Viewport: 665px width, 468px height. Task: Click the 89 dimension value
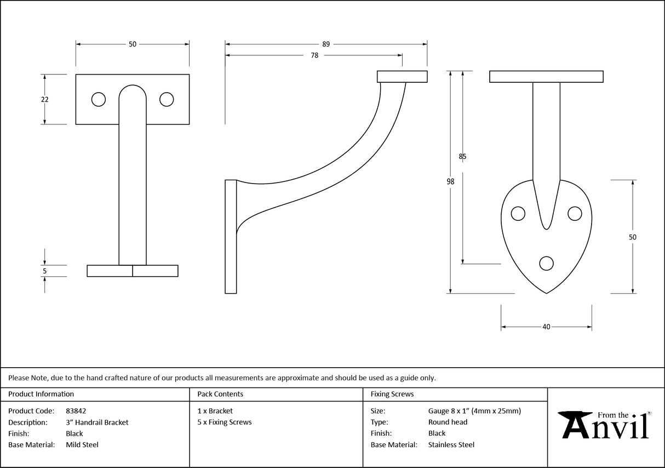326,44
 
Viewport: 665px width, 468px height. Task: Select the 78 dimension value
314,55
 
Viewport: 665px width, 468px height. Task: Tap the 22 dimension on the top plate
45,99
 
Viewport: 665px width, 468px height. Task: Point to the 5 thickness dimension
45,271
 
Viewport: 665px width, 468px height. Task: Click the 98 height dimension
450,182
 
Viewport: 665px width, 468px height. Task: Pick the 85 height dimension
463,157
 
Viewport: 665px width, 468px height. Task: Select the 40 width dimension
546,327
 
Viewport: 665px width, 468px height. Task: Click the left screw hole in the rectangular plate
99,99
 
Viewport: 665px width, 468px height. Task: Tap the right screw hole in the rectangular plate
167,99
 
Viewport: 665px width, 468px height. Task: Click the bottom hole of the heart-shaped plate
546,264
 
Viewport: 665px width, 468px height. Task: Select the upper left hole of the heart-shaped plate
518,213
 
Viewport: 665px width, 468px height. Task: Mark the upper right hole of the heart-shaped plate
574,213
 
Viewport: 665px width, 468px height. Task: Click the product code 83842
76,410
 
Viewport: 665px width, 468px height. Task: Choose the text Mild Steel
82,445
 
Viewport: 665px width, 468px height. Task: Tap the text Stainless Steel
451,445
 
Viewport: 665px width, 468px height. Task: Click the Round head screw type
448,422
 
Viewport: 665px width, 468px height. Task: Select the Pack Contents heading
220,394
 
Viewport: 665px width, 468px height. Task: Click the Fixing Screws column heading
392,394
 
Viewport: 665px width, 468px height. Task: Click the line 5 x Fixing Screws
225,422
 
